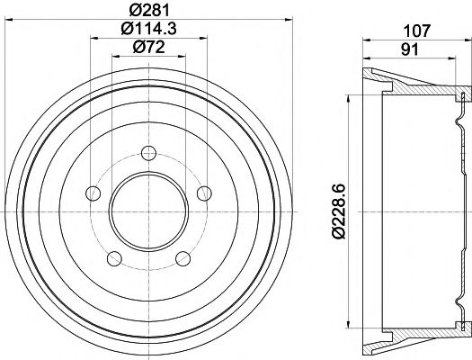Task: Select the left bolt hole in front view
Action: coord(91,193)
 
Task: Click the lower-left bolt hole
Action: coord(113,259)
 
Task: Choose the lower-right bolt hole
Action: coord(184,259)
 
